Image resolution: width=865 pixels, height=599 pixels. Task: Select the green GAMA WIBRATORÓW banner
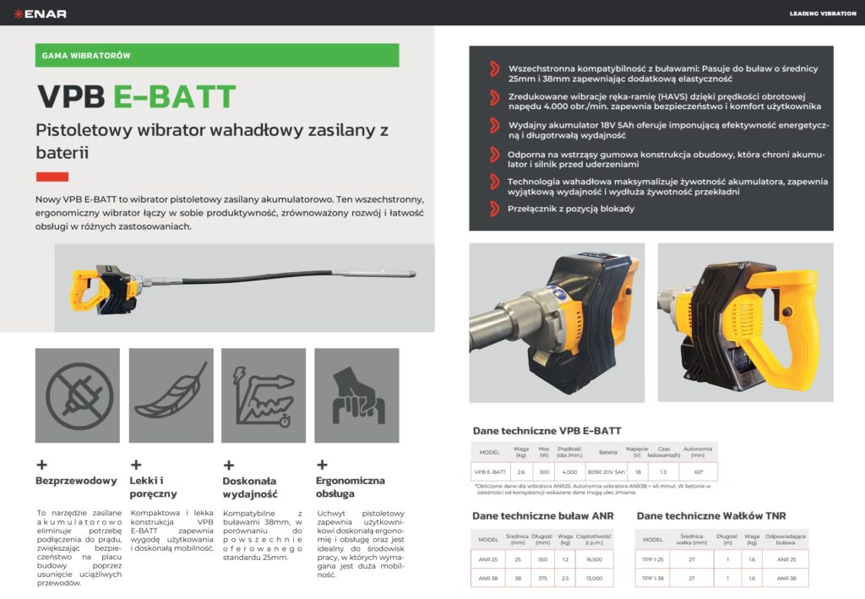click(217, 56)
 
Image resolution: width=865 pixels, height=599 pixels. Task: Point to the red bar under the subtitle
click(52, 177)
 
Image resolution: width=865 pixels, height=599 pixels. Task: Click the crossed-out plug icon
click(78, 395)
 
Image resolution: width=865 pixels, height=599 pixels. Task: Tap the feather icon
click(171, 395)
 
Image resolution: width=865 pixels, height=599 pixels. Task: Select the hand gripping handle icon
click(356, 395)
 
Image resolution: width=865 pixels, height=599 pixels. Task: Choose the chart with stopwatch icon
click(264, 395)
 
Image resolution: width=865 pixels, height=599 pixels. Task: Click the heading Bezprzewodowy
click(76, 481)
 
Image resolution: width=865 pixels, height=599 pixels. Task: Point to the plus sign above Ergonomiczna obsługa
click(321, 465)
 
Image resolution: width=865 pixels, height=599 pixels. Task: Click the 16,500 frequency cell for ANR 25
click(594, 559)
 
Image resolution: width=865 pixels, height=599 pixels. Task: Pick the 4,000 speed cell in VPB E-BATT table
click(569, 471)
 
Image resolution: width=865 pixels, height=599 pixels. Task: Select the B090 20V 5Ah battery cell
click(607, 471)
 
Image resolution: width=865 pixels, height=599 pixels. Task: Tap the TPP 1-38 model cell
click(653, 579)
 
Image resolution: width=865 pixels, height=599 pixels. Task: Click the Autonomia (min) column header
click(698, 452)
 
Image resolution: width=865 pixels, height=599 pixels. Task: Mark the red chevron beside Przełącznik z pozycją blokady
click(494, 209)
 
